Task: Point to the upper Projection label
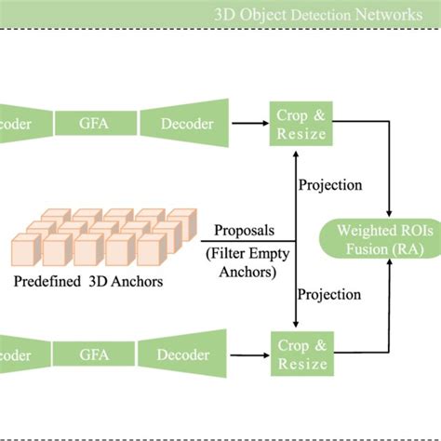pyautogui.click(x=330, y=184)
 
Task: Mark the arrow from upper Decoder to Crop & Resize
pyautogui.click(x=248, y=121)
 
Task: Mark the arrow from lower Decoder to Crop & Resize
pyautogui.click(x=248, y=353)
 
